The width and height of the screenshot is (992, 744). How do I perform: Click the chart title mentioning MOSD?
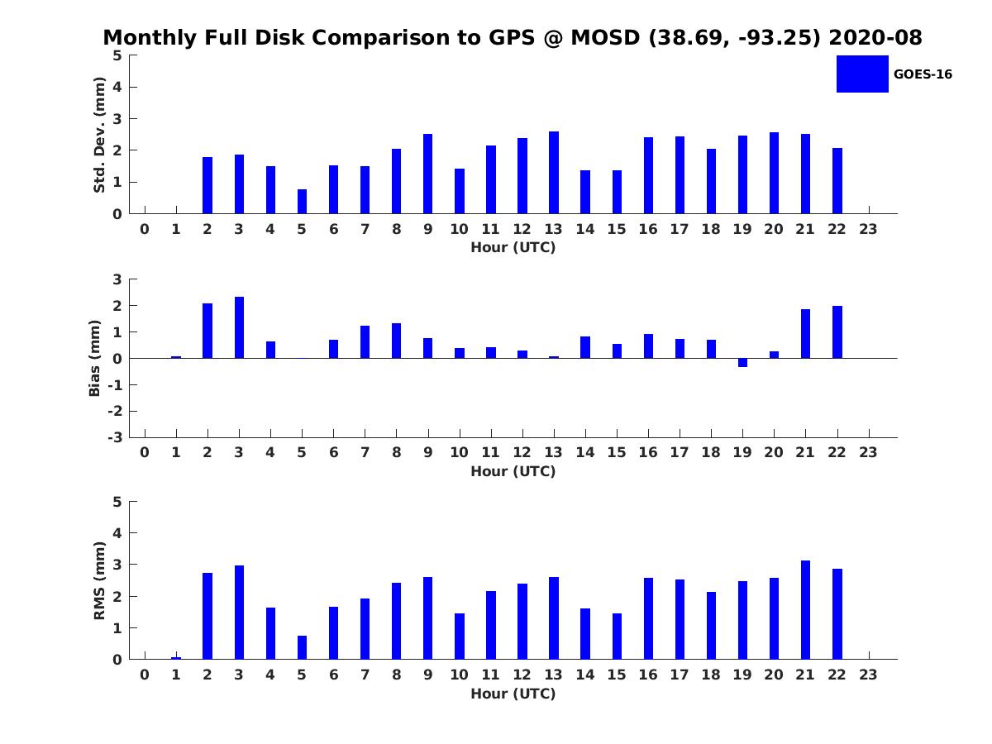tap(513, 38)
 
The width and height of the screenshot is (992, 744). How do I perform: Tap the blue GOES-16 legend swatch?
tap(862, 74)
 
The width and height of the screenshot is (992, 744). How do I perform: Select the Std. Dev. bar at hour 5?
tap(302, 202)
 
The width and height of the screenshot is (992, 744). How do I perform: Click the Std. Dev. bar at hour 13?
tap(553, 173)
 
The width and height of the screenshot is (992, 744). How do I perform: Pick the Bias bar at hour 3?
tap(239, 327)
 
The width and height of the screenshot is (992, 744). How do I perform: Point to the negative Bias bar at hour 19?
tap(742, 362)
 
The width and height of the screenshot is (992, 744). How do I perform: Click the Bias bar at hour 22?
tap(837, 332)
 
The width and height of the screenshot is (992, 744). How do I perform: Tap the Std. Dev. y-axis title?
tap(99, 135)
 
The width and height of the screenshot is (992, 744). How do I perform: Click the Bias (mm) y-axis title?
tap(95, 358)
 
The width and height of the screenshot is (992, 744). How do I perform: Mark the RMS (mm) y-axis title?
tap(99, 580)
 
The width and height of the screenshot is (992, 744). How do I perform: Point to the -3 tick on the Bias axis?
tap(117, 437)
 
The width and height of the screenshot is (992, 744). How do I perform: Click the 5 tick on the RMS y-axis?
tap(117, 502)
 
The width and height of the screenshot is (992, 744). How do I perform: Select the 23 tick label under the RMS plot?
tap(868, 675)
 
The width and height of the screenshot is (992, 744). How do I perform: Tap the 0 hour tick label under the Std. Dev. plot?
tap(145, 229)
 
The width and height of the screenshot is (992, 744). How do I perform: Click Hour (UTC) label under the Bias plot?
tap(513, 471)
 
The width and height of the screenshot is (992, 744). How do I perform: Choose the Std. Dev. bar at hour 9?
tap(427, 174)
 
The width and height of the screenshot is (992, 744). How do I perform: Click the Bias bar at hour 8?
tap(396, 341)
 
